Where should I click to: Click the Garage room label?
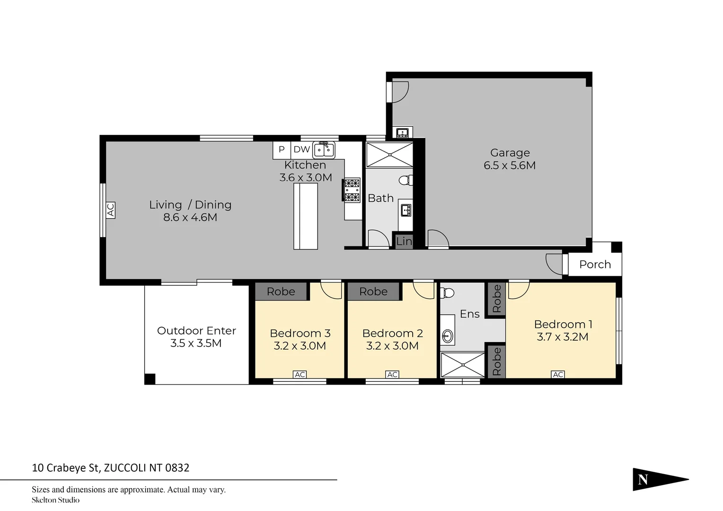click(x=510, y=153)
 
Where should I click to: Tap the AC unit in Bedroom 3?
click(x=300, y=374)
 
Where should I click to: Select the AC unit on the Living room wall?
click(x=111, y=210)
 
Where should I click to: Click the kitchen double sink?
click(x=324, y=150)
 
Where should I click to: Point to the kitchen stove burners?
click(x=352, y=190)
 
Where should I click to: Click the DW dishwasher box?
click(x=301, y=150)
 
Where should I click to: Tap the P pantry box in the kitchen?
click(x=282, y=150)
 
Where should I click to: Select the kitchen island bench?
click(x=306, y=216)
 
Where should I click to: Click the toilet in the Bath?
click(x=405, y=180)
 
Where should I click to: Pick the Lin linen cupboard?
click(x=404, y=241)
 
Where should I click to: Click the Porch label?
click(x=595, y=264)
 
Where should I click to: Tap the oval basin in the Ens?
click(x=447, y=336)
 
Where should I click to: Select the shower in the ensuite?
click(x=463, y=364)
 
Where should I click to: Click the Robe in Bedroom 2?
click(x=373, y=291)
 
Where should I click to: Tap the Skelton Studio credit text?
click(x=55, y=500)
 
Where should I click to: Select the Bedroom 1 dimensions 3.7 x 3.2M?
click(x=563, y=337)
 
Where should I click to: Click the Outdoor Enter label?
click(x=196, y=331)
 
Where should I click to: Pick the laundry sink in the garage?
click(x=403, y=132)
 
